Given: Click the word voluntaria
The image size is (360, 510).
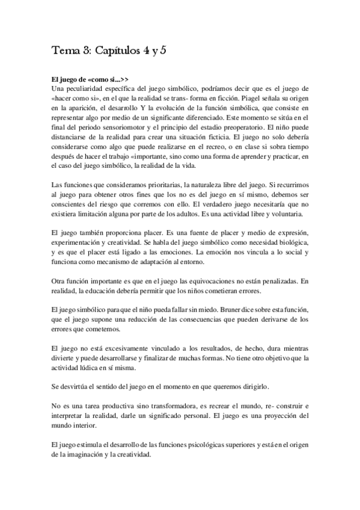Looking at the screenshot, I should click(286, 214).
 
